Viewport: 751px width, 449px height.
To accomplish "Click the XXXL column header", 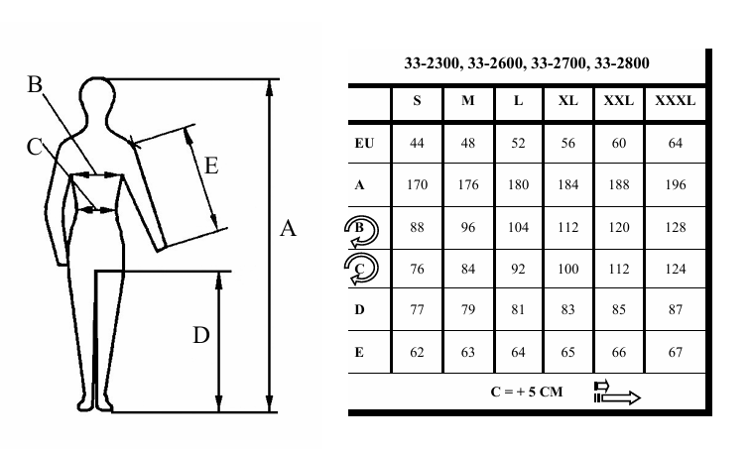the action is [x=675, y=101].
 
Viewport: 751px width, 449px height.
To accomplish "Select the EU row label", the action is [x=364, y=144].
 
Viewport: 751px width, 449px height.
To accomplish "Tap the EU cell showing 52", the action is [x=518, y=144].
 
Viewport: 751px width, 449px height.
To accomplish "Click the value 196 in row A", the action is [x=675, y=184].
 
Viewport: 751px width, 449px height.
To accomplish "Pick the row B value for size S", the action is [x=417, y=227].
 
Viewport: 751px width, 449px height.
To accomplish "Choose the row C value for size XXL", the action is [x=618, y=268].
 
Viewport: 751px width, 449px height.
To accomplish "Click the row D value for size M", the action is [x=467, y=309].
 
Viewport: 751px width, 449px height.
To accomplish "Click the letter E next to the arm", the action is [x=209, y=166].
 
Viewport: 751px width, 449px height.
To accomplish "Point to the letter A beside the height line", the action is [x=288, y=230].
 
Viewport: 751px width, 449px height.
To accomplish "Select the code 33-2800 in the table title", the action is [x=622, y=63].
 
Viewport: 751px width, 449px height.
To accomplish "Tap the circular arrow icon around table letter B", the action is [x=360, y=228].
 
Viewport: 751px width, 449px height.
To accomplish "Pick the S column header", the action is [x=417, y=101].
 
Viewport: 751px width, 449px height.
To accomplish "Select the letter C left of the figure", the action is [x=36, y=147].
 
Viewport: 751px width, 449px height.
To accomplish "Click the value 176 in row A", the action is [x=467, y=184].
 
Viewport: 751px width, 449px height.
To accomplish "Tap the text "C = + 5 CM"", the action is [x=526, y=392].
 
